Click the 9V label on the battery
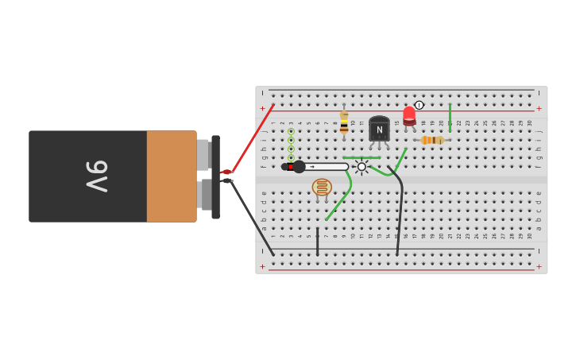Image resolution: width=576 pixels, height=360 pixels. pyautogui.click(x=96, y=176)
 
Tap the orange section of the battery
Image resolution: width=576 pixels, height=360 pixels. pyautogui.click(x=171, y=176)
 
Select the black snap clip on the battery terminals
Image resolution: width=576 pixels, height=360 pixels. pyautogui.click(x=215, y=176)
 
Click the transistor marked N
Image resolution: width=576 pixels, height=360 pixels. pyautogui.click(x=379, y=129)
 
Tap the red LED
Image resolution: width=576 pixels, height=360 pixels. pyautogui.click(x=409, y=115)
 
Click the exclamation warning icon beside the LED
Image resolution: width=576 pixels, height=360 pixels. pyautogui.click(x=419, y=105)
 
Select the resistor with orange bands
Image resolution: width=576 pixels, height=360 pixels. pyautogui.click(x=432, y=140)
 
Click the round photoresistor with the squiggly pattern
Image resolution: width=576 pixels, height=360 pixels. pyautogui.click(x=322, y=188)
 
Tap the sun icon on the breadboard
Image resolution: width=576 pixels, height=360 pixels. pyautogui.click(x=361, y=167)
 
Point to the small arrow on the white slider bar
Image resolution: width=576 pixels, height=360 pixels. pyautogui.click(x=312, y=167)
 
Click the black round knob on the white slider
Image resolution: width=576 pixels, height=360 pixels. pyautogui.click(x=299, y=167)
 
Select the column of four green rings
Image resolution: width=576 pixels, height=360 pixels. pyautogui.click(x=291, y=144)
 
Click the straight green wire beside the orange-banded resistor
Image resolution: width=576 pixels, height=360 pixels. pyautogui.click(x=450, y=117)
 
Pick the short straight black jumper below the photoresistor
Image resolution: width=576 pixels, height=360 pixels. pyautogui.click(x=317, y=242)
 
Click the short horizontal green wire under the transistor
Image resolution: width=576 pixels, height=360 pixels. pyautogui.click(x=361, y=157)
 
